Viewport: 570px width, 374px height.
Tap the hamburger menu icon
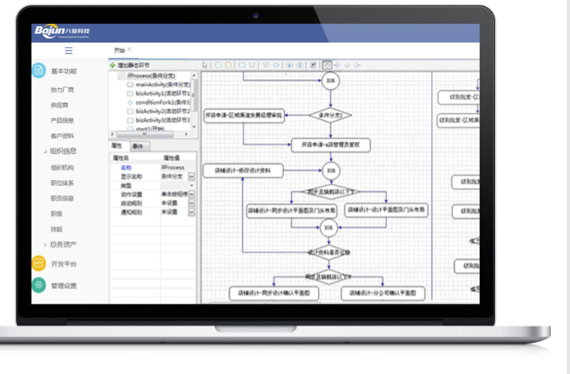click(x=69, y=50)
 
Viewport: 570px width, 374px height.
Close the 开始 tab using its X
click(x=130, y=49)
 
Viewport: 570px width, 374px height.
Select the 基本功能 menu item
click(x=64, y=71)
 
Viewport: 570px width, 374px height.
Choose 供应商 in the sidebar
click(x=59, y=105)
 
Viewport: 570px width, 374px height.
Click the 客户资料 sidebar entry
click(x=62, y=136)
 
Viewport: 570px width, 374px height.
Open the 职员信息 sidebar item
click(x=62, y=198)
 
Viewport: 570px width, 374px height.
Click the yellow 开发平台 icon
click(x=39, y=263)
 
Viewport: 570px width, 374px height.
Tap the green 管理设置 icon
click(x=39, y=285)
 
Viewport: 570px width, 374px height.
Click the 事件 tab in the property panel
click(x=137, y=145)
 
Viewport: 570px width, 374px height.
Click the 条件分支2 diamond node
click(x=331, y=116)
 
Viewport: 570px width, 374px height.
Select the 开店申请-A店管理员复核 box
click(x=331, y=144)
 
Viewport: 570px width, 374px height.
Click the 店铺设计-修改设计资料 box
click(x=243, y=170)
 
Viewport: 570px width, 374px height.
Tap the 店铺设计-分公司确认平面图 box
click(x=383, y=294)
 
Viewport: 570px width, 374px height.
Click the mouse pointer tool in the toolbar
click(x=205, y=66)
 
